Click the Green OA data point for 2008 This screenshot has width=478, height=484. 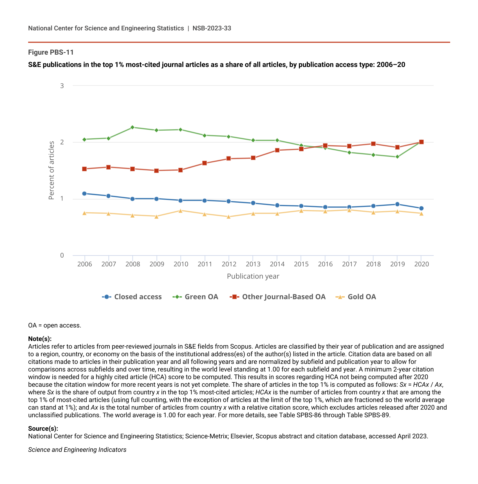point(133,127)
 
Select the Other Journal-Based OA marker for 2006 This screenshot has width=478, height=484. point(84,169)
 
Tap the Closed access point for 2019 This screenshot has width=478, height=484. point(397,204)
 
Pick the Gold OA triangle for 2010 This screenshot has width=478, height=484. point(181,211)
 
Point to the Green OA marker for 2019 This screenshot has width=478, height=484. point(397,157)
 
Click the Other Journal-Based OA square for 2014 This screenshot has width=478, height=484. point(277,150)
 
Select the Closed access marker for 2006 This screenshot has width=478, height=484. point(84,193)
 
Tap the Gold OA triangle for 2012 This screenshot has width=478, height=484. point(229,217)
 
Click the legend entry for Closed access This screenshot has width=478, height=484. point(132,297)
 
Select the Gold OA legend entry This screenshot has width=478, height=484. point(356,297)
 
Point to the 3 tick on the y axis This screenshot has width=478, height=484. point(62,86)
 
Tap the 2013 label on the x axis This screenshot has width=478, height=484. point(253,264)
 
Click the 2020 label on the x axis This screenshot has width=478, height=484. point(421,264)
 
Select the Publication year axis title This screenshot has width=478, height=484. point(253,276)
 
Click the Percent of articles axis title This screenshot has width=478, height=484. point(51,170)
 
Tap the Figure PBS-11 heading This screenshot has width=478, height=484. point(51,52)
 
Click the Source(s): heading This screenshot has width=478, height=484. point(43,429)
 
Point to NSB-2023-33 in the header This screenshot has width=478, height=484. point(212,28)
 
